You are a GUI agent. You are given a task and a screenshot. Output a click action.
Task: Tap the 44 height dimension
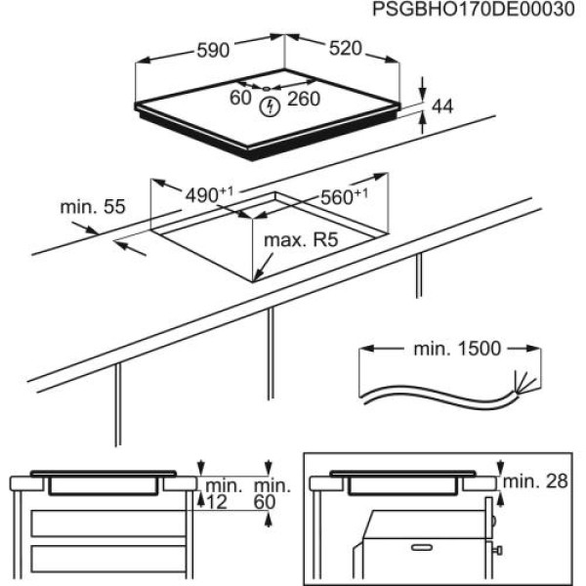(x=444, y=105)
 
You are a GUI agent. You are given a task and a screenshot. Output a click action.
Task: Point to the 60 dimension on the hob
(x=240, y=97)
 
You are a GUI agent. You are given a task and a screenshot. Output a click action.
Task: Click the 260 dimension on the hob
(x=305, y=98)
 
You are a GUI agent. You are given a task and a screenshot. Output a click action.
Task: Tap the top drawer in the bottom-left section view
(x=107, y=522)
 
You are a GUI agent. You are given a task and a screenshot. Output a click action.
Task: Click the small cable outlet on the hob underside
(x=266, y=88)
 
